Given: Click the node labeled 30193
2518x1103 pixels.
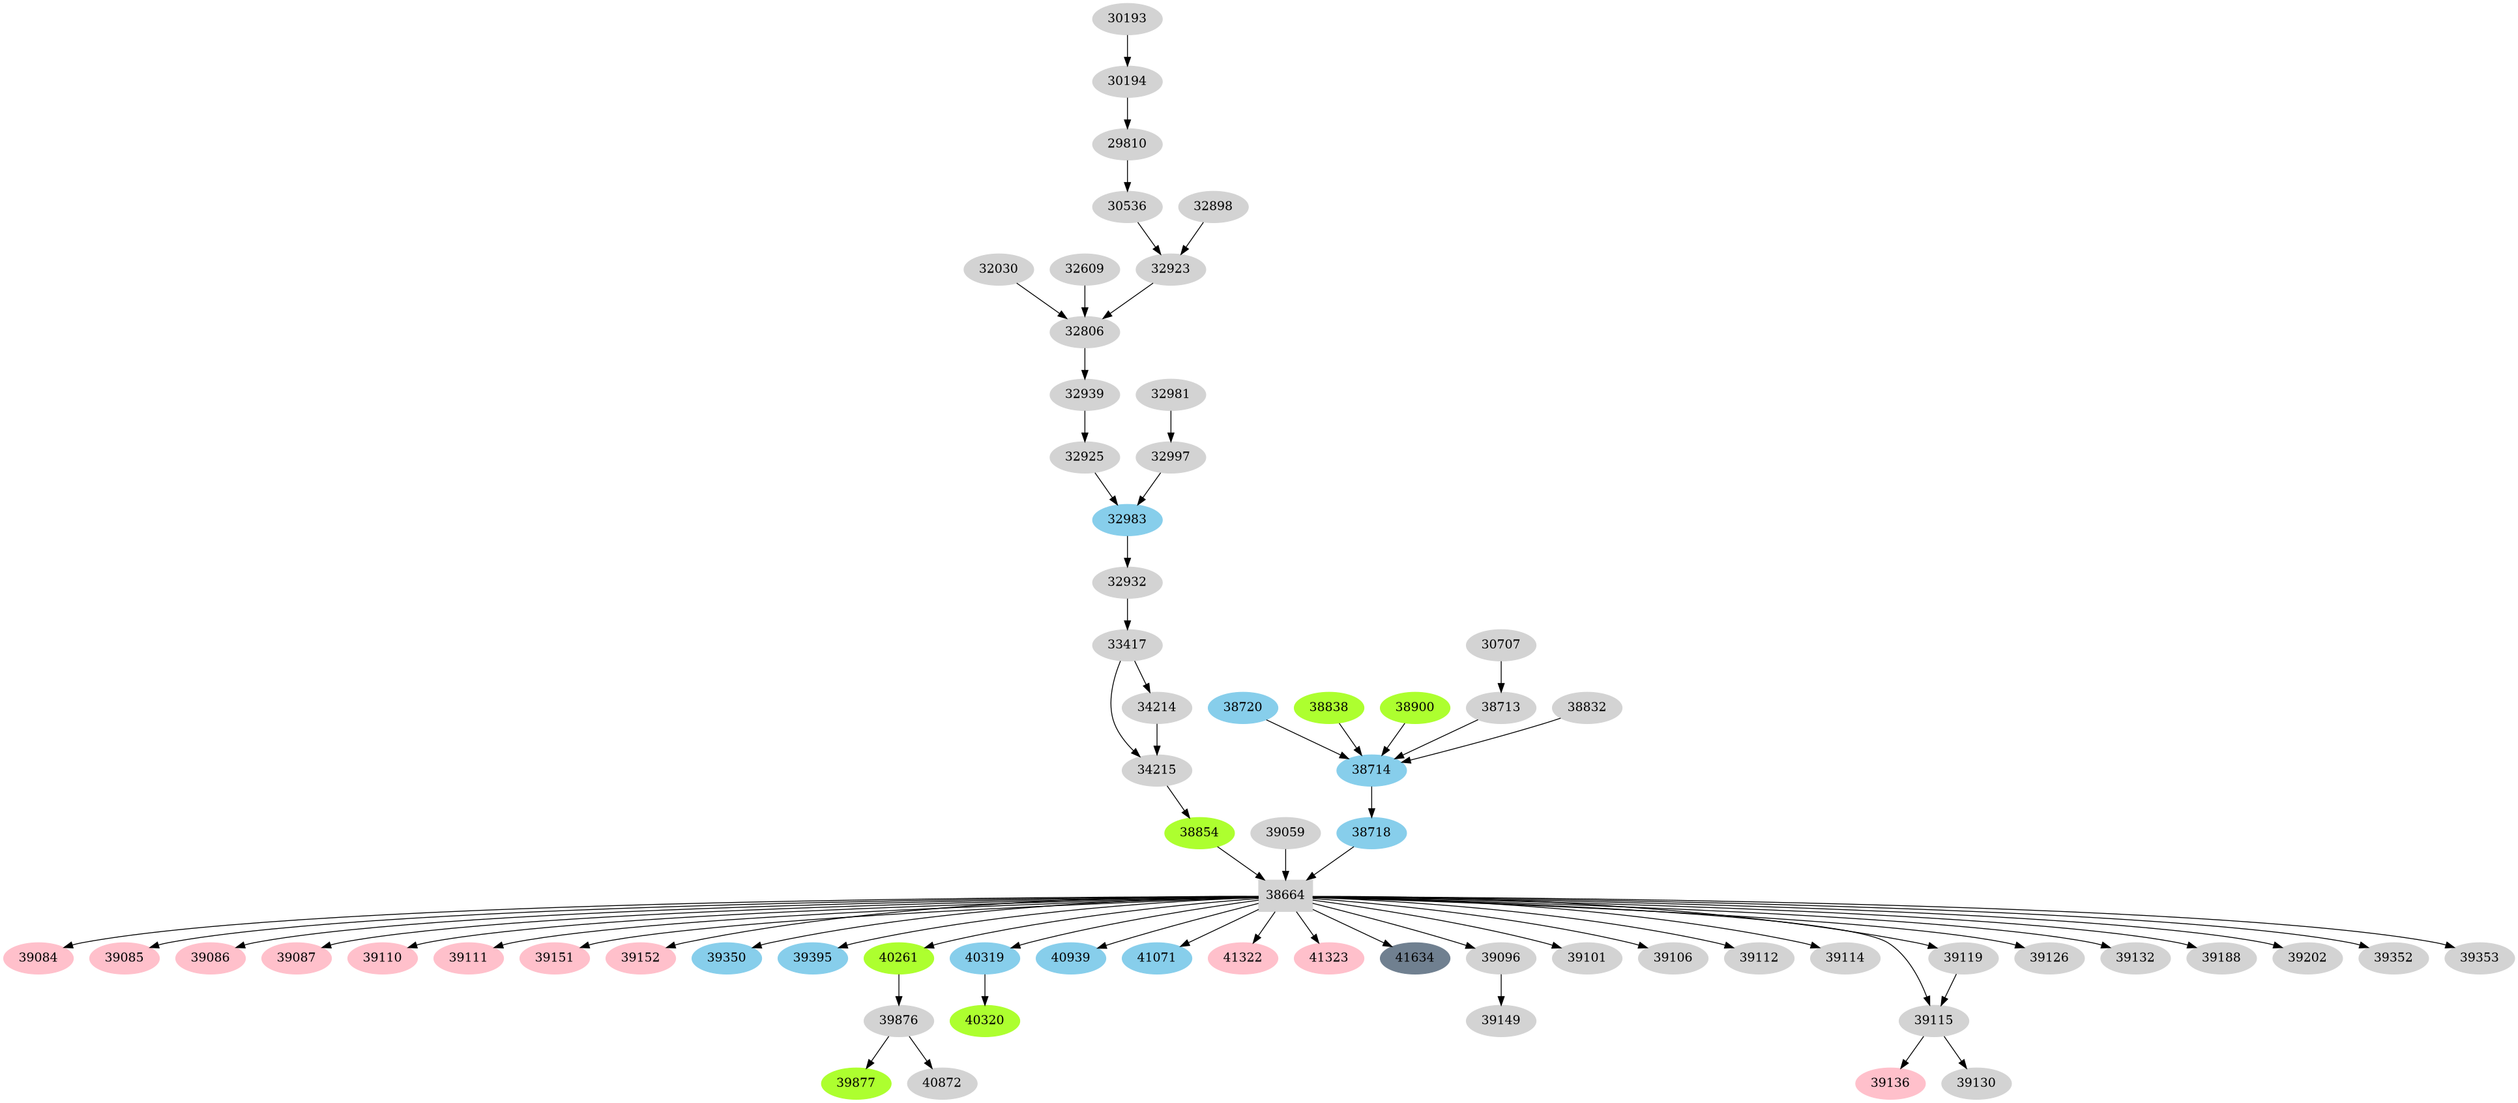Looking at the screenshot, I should pyautogui.click(x=1126, y=18).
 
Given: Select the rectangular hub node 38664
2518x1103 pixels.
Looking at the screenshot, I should pyautogui.click(x=1283, y=895).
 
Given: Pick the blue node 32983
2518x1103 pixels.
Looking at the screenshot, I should pyautogui.click(x=1126, y=519).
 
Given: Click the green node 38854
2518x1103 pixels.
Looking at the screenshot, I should pyautogui.click(x=1199, y=832).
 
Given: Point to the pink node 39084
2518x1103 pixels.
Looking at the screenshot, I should pyautogui.click(x=38, y=958).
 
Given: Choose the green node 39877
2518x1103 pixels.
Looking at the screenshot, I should pyautogui.click(x=855, y=1083).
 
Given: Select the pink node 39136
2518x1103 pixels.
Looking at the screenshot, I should pyautogui.click(x=1890, y=1083).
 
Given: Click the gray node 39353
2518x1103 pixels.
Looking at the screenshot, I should pyautogui.click(x=2479, y=958).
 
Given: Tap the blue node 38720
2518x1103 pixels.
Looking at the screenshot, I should pyautogui.click(x=1242, y=707).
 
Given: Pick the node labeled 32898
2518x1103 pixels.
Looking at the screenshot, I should pyautogui.click(x=1212, y=206).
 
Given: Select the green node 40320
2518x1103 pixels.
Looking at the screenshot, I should pyautogui.click(x=984, y=1020).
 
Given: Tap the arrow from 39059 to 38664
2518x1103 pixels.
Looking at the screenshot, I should pyautogui.click(x=1283, y=864).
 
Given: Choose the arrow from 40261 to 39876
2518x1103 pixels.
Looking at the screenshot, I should pyautogui.click(x=898, y=989).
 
